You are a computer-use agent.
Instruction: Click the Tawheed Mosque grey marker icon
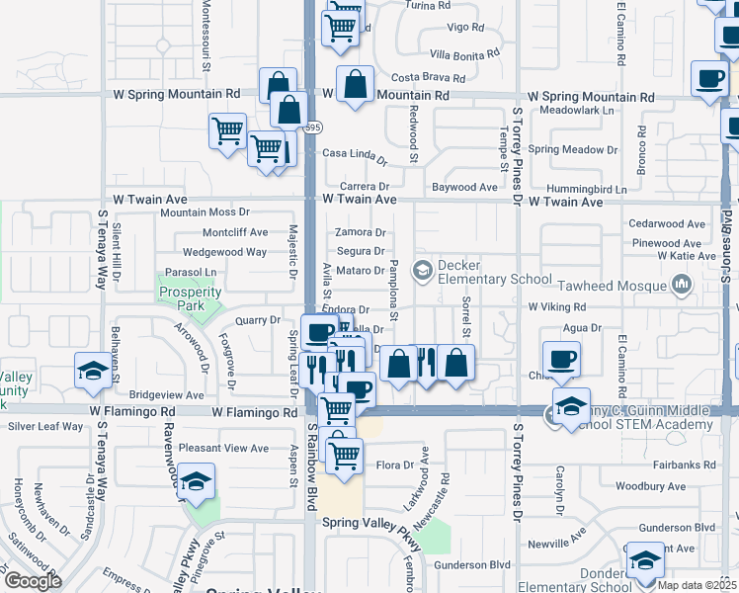(680, 285)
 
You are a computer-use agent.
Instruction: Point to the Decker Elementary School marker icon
(423, 270)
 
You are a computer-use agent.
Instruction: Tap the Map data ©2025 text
(697, 584)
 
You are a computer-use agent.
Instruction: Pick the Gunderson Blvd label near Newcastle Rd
(472, 564)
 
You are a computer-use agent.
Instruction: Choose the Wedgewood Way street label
(224, 252)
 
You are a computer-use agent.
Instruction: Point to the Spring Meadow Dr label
(572, 149)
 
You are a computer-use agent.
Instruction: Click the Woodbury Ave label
(648, 486)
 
